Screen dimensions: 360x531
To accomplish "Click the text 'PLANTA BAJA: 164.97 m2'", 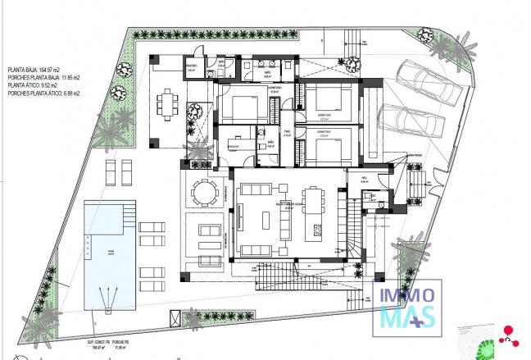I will coord(37,71).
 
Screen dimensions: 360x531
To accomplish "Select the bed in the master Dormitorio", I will coord(238,107).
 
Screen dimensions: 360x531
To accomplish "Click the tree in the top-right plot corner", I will coord(424,34).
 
